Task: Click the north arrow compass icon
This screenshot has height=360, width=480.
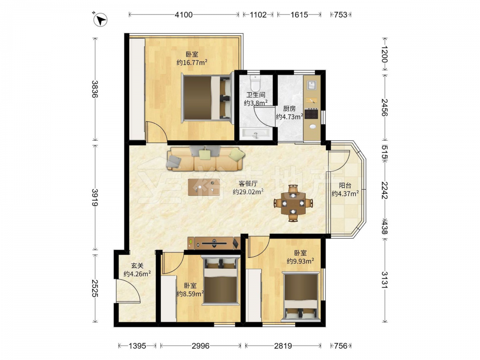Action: point(100,20)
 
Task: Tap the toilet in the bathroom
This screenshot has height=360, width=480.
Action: point(255,82)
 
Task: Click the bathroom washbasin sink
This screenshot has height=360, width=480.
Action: point(256,133)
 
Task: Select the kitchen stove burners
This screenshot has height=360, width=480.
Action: point(312,114)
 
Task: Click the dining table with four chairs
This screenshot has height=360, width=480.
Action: point(293,203)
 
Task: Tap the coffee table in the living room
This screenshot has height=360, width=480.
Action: point(204,187)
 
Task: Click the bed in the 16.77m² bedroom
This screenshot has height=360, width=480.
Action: point(207,97)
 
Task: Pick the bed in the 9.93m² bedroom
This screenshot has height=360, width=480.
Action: point(301,297)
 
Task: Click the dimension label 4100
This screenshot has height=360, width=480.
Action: point(184,14)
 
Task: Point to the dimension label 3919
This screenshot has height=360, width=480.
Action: point(95,197)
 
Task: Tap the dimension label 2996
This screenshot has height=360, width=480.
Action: point(201,346)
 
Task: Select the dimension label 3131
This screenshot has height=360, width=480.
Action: point(384,280)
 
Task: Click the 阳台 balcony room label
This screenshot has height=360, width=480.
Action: point(345,185)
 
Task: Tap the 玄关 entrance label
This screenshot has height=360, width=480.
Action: point(137,266)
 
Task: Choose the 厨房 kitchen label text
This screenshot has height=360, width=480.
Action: point(289,108)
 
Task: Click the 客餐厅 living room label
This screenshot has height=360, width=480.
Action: point(248,183)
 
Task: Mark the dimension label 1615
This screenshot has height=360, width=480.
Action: point(299,14)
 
